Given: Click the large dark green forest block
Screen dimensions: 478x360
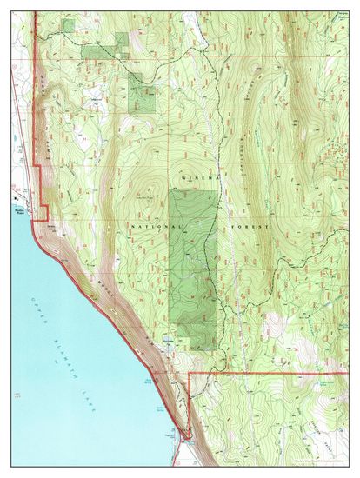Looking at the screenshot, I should [x=192, y=261].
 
